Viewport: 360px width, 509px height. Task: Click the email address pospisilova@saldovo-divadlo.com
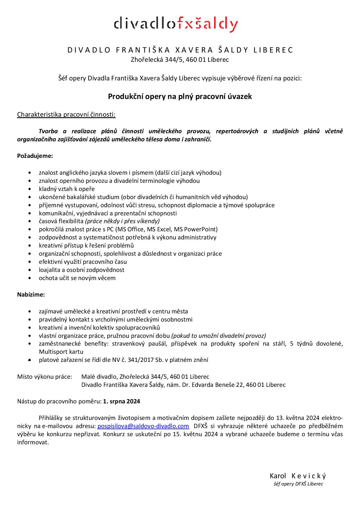[x=143, y=426]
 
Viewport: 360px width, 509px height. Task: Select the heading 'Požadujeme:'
[x=35, y=156]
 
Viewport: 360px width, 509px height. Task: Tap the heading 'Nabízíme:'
[x=31, y=295]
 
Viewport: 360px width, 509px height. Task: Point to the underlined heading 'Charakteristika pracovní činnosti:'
[x=66, y=114]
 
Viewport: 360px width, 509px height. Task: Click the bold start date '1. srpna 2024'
[x=122, y=401]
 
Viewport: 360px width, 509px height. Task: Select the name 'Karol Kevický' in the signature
[x=298, y=476]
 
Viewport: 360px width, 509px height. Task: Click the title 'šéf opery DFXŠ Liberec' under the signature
[x=298, y=484]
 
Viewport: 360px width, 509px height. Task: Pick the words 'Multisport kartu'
[x=61, y=352]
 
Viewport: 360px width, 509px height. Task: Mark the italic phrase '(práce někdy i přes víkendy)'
[x=122, y=221]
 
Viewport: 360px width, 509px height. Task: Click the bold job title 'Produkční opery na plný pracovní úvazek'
[x=180, y=96]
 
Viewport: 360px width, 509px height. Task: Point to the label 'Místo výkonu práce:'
[x=44, y=377]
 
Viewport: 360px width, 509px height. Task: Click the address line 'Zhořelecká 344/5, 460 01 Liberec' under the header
[x=180, y=60]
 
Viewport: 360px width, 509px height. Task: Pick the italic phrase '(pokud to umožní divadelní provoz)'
[x=219, y=336]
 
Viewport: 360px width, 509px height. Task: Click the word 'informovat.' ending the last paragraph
[x=33, y=443]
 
